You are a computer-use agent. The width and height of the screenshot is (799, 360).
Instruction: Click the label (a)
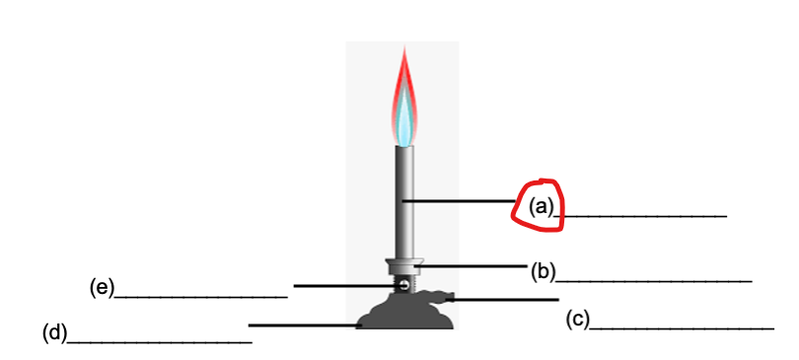coord(542,206)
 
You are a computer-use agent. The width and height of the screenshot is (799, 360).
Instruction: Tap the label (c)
coord(578,319)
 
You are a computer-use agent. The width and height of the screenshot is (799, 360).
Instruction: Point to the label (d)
coord(54,332)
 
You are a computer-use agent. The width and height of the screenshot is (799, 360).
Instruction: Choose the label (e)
coord(102,287)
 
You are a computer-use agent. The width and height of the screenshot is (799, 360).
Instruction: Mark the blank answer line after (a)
coord(642,215)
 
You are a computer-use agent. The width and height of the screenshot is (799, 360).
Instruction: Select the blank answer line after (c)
coord(682,327)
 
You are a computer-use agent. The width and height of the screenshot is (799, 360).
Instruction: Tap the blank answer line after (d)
coord(159,342)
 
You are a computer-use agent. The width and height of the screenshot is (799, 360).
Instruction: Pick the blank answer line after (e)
coord(201,296)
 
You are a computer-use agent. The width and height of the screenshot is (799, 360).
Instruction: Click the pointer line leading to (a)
coord(459,201)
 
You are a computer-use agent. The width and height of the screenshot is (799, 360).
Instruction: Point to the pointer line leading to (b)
coord(473,265)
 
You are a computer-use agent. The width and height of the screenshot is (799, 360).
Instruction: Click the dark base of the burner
coord(404,314)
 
